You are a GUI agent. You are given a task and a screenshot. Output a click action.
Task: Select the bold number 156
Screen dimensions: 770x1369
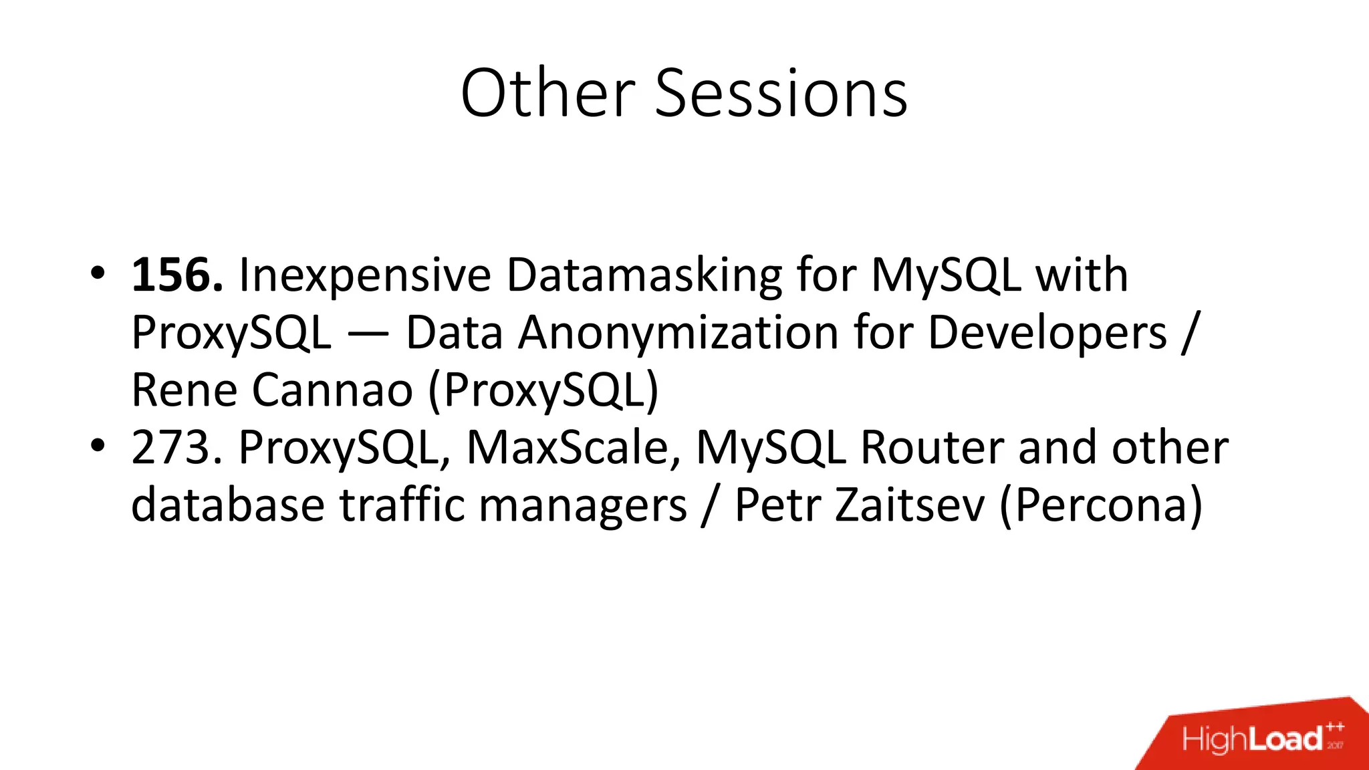click(177, 275)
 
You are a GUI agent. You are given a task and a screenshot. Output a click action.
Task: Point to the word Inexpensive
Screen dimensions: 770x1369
click(365, 275)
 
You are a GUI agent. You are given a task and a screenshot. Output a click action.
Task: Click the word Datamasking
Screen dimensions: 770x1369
click(644, 275)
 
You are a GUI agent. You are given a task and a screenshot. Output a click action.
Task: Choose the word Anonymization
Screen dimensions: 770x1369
click(678, 332)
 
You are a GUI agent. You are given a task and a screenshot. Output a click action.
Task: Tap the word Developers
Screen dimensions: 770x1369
click(1047, 332)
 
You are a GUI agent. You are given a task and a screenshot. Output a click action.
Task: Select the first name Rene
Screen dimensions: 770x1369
click(184, 390)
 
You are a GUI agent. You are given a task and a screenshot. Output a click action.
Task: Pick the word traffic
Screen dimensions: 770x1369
click(402, 505)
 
